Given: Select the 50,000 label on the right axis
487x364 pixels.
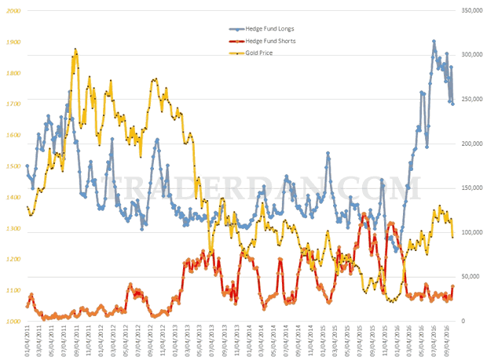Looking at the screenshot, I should pos(471,277).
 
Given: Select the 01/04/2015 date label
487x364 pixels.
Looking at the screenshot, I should pos(322,344).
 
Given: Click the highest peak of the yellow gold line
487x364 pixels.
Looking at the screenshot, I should pos(75,49).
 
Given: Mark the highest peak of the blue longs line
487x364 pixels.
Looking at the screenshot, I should pos(434,42).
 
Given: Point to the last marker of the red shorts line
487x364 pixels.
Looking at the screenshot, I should pos(452,287).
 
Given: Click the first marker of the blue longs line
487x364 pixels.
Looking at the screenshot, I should pos(27,166).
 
